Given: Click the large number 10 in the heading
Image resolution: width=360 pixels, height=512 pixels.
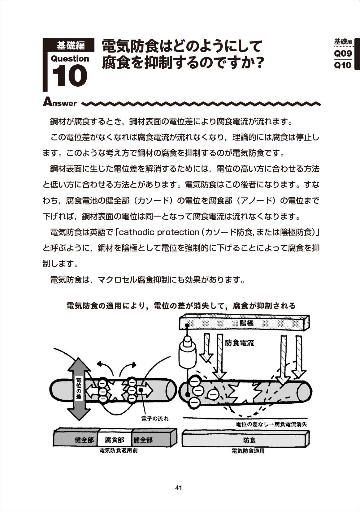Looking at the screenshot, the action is coord(70,76).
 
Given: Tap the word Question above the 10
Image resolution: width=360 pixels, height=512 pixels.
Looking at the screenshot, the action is coord(70,59).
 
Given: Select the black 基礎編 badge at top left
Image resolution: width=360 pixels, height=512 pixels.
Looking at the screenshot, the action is coord(71,45).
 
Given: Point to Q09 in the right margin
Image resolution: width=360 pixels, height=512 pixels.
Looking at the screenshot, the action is coord(343,54).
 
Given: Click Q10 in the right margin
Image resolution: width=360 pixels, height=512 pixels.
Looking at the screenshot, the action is coord(343,65).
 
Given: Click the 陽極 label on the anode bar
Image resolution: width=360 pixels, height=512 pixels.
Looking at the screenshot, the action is coord(246,323).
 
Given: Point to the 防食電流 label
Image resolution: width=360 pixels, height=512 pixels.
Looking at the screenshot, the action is coord(240,343).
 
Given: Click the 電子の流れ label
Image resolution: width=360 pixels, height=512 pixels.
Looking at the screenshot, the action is coord(155,419).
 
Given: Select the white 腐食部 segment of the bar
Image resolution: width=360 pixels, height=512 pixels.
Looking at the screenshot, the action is coord(115,440).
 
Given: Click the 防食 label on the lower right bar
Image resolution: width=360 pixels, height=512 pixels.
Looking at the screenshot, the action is coord(249,440).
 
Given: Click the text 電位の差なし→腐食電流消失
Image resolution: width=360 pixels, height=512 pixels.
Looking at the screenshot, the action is coord(271,424).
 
